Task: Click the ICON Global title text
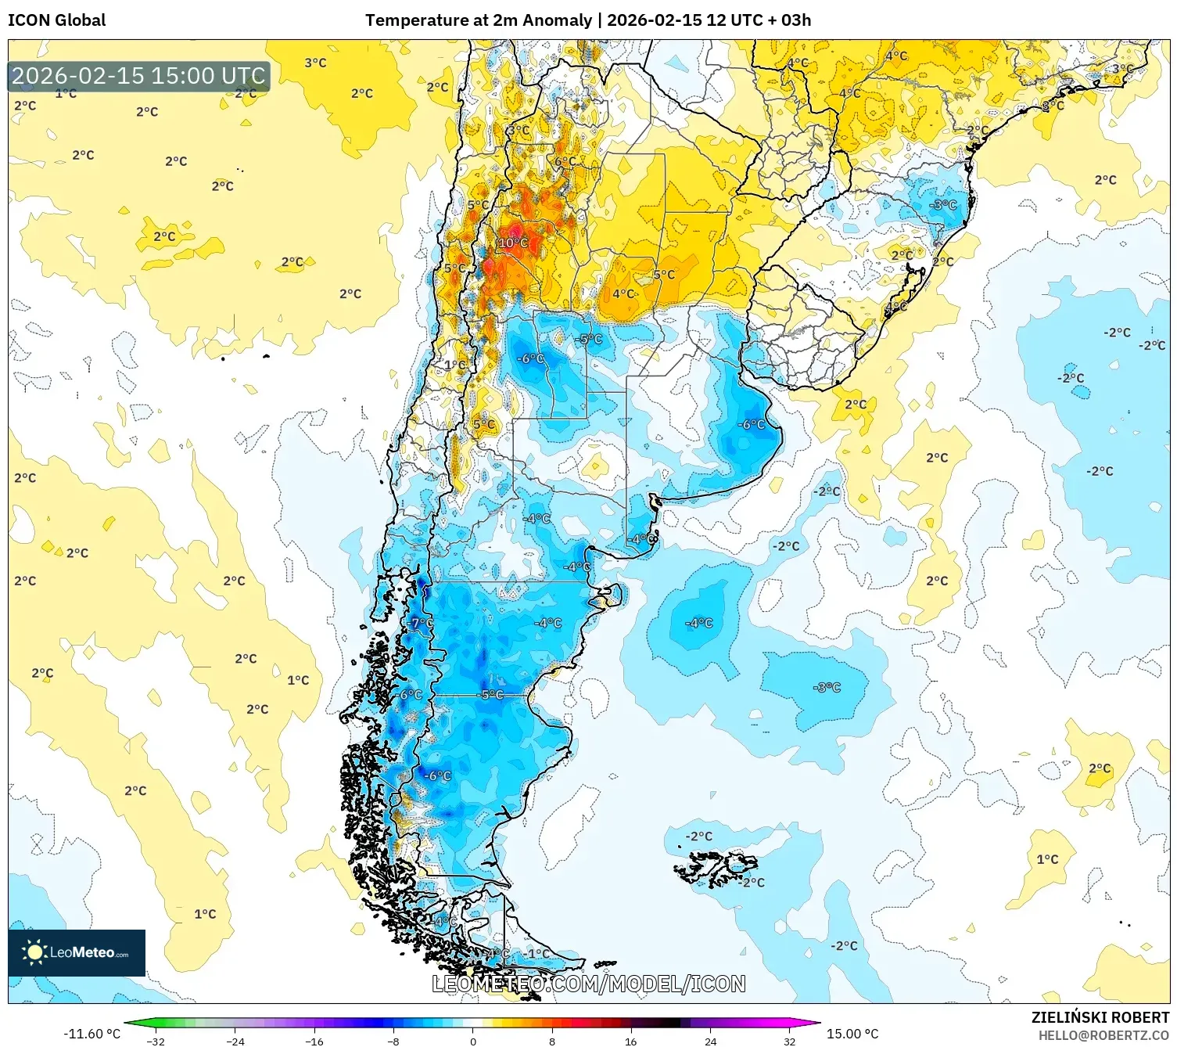(x=56, y=20)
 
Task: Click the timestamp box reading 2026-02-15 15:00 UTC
(x=138, y=76)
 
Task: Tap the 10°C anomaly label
(x=513, y=243)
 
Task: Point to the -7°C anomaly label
(x=421, y=623)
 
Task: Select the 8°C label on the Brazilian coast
(x=1053, y=105)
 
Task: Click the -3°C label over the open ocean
(x=827, y=687)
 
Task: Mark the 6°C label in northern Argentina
(x=565, y=161)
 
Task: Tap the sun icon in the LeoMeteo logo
(x=34, y=952)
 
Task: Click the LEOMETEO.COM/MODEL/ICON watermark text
(x=588, y=984)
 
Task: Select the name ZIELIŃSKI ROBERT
(x=1100, y=1017)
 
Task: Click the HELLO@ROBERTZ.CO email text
(x=1103, y=1035)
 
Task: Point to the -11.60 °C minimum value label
(x=92, y=1034)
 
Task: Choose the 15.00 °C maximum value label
(x=852, y=1034)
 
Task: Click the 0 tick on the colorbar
(x=472, y=1041)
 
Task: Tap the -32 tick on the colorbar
(x=156, y=1041)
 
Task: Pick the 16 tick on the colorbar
(x=630, y=1041)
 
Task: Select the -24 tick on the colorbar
(x=235, y=1041)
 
